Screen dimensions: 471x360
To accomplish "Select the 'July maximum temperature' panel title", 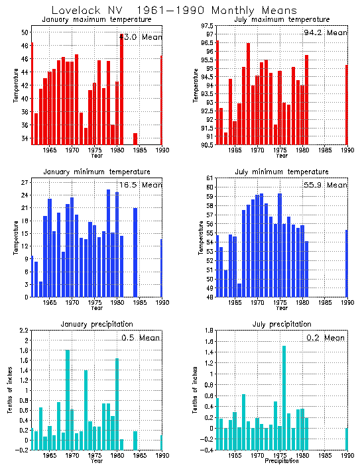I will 282,21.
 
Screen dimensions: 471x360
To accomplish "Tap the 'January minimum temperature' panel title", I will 97,172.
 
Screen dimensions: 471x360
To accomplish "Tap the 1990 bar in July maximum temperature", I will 346,104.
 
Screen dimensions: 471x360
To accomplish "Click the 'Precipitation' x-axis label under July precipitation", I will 282,461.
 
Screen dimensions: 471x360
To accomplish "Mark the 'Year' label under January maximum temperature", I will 97,156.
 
